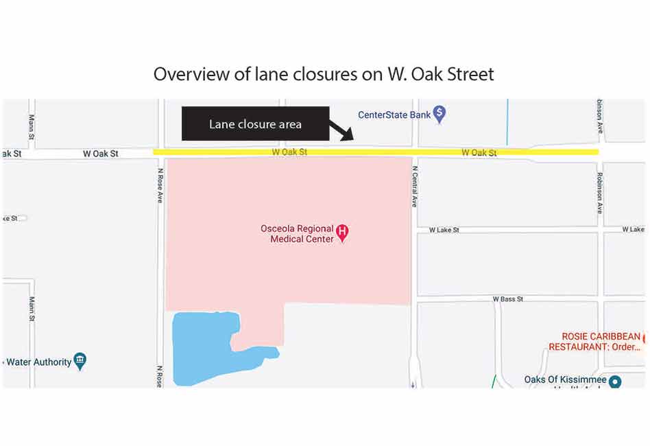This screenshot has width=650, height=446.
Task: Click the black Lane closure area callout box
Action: [x=255, y=124]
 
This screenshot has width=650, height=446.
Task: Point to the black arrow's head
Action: [x=349, y=138]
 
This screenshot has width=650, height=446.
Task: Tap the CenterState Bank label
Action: [x=394, y=115]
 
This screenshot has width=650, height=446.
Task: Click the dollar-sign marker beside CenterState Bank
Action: [x=440, y=113]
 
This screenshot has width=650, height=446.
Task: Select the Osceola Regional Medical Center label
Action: [x=297, y=234]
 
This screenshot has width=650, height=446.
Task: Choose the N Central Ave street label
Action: [x=415, y=186]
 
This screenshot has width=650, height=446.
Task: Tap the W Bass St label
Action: [x=507, y=299]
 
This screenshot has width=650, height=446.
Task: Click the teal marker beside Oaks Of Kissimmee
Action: [x=614, y=382]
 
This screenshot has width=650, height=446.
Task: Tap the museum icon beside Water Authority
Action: [x=80, y=360]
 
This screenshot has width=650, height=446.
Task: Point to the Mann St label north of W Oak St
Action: [x=32, y=125]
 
